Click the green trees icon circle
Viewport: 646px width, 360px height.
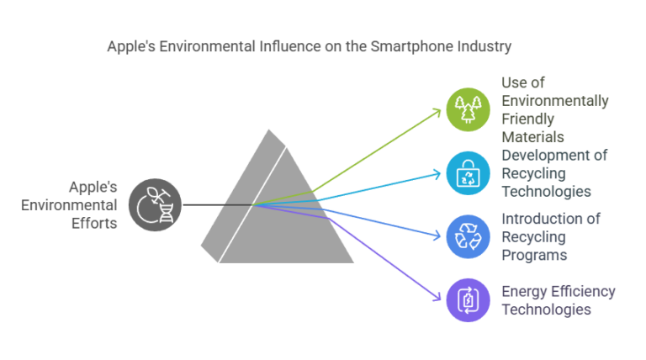click(x=468, y=109)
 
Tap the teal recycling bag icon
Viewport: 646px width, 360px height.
click(x=468, y=173)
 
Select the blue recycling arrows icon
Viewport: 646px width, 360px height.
click(x=468, y=236)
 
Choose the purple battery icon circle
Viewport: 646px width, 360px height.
click(x=468, y=299)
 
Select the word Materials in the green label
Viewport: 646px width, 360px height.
click(x=532, y=136)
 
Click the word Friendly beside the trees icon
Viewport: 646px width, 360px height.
click(x=528, y=119)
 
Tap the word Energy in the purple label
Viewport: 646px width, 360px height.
click(x=525, y=292)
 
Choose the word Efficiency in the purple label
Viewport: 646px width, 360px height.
click(x=583, y=292)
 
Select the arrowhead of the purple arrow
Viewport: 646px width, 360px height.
click(x=438, y=297)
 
